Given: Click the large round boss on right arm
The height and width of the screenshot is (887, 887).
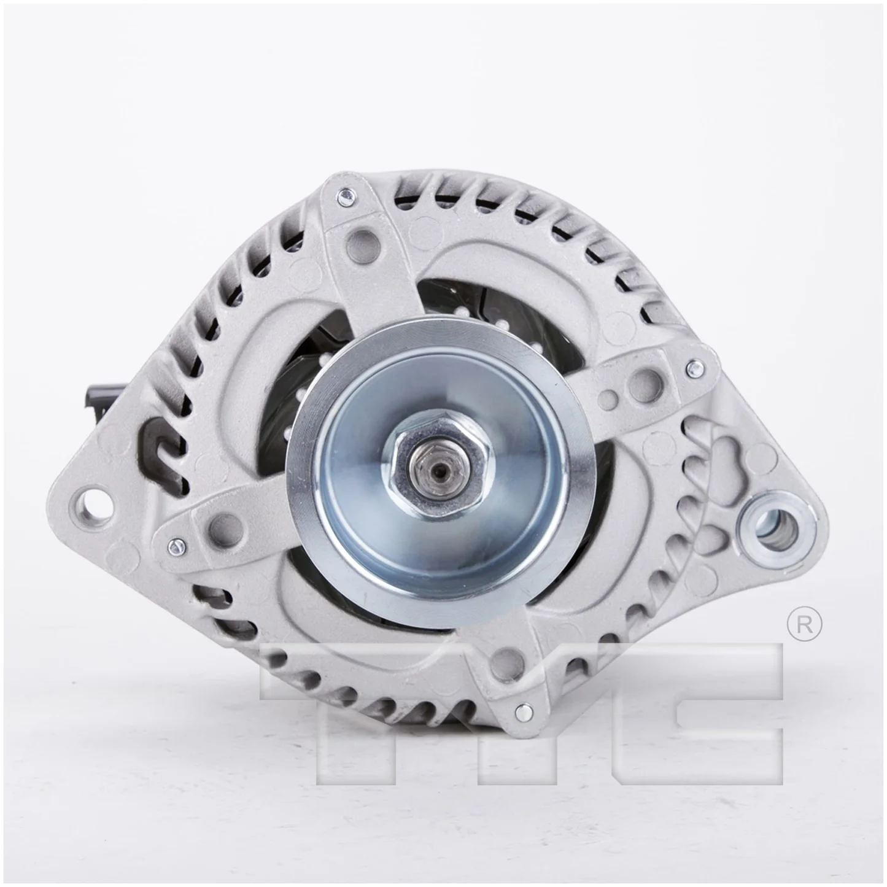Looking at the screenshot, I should point(648,377).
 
